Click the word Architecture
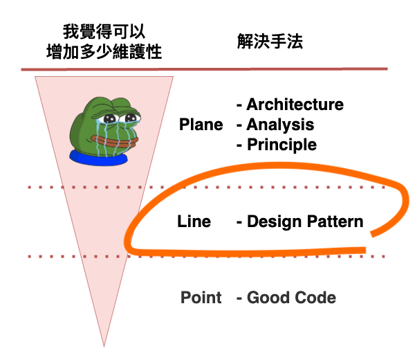(x=295, y=105)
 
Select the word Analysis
(x=280, y=125)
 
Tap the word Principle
(x=282, y=145)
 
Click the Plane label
(x=201, y=125)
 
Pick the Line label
(x=194, y=221)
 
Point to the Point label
(x=201, y=297)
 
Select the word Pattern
(x=335, y=222)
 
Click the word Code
(x=315, y=297)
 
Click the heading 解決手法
(x=270, y=42)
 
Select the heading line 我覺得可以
(x=104, y=32)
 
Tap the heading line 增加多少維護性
(x=104, y=51)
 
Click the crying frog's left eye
(x=110, y=118)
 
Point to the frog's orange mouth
(x=115, y=142)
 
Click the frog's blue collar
(x=98, y=158)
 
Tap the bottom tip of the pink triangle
(x=104, y=346)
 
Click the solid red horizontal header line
(x=204, y=69)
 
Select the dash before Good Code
(x=239, y=298)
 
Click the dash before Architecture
(x=239, y=106)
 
